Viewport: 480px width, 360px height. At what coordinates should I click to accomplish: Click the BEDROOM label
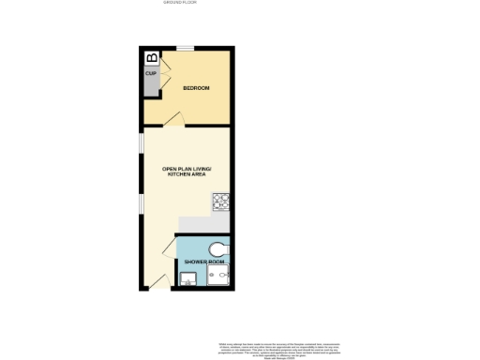coord(196,88)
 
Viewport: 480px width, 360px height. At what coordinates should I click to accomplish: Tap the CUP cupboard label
coord(150,72)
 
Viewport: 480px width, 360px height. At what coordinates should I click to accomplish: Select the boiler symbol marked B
coord(152,57)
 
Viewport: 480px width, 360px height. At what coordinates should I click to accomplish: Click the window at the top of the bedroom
coord(186,48)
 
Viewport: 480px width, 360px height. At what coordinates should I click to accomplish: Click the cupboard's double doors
coord(162,75)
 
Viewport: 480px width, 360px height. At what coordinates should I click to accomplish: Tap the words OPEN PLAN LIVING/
coord(187,169)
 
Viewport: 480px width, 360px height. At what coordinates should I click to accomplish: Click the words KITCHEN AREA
coord(187,175)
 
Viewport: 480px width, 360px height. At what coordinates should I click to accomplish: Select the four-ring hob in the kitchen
coord(222,201)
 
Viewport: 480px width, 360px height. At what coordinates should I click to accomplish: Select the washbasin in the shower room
coord(187,278)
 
